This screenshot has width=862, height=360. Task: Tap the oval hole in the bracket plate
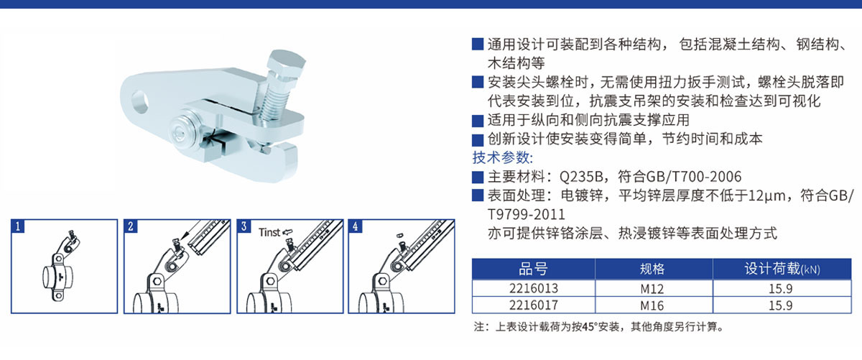click(140, 101)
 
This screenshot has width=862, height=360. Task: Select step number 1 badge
click(18, 226)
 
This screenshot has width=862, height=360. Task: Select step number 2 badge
click(131, 226)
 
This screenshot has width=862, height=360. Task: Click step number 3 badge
click(244, 226)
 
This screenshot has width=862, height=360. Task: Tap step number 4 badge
click(355, 226)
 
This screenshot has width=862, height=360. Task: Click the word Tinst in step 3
click(269, 232)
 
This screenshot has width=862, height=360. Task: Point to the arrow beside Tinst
click(287, 232)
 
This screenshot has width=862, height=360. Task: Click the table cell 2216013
click(533, 288)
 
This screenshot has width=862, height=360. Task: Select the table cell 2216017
click(533, 305)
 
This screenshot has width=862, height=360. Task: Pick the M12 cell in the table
click(652, 288)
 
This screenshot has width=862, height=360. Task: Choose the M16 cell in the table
click(652, 305)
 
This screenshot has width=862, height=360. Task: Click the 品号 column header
click(533, 269)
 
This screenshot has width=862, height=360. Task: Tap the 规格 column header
click(652, 269)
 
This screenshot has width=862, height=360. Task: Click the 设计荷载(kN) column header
click(782, 269)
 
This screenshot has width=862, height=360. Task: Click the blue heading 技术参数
click(503, 157)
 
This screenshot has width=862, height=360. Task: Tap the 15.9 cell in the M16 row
click(780, 305)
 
